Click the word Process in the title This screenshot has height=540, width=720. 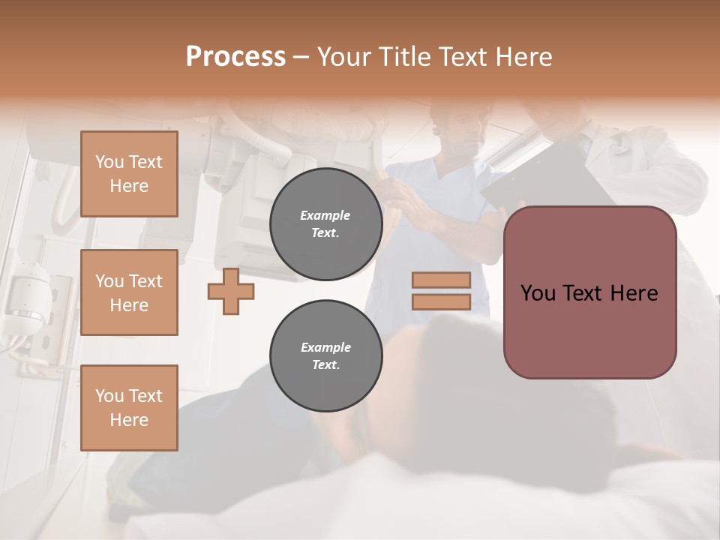click(235, 57)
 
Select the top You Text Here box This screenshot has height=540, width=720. click(129, 174)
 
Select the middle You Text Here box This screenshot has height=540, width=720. click(129, 292)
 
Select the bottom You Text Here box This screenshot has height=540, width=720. click(129, 408)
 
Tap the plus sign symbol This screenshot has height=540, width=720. click(230, 291)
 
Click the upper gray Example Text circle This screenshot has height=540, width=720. click(325, 224)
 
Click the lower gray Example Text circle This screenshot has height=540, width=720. click(325, 356)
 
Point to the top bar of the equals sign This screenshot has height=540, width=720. click(441, 280)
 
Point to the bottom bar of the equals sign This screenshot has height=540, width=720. click(441, 302)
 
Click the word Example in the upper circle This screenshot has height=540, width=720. click(325, 215)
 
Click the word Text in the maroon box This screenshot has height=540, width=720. click(584, 293)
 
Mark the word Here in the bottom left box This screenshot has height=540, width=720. click(129, 420)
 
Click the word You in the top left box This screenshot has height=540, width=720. click(109, 162)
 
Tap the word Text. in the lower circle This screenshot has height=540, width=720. click(325, 365)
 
